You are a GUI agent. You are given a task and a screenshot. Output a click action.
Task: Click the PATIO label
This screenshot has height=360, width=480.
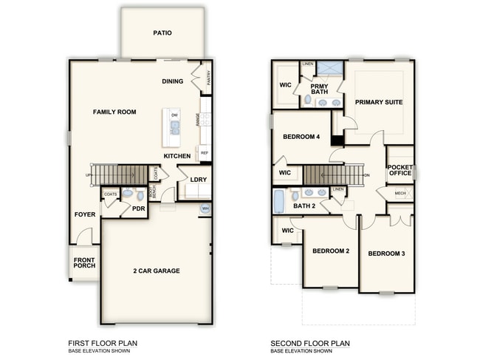click(162, 33)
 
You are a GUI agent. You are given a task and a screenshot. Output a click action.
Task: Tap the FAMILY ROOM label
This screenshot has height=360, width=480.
click(114, 112)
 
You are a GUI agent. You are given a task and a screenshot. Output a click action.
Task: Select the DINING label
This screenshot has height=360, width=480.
click(173, 81)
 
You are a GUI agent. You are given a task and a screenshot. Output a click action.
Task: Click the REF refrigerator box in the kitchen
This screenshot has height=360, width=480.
click(205, 153)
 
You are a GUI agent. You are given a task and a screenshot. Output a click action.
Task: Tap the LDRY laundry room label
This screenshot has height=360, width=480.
click(198, 179)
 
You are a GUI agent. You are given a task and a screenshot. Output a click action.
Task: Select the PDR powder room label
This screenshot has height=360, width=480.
click(137, 208)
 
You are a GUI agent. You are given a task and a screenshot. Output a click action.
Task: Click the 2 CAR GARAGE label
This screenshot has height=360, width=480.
click(156, 271)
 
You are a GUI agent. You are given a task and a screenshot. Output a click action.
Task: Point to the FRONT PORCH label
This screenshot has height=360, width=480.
click(84, 262)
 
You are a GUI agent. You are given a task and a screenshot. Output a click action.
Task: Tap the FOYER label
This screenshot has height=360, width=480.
click(84, 214)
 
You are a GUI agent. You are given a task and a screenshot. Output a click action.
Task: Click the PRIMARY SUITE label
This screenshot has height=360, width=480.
click(378, 102)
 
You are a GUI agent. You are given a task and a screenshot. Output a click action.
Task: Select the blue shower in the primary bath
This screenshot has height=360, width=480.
click(332, 69)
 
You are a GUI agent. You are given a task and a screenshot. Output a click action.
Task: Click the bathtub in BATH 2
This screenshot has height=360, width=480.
click(279, 201)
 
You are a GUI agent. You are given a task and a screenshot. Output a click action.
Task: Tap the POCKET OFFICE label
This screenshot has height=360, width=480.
click(400, 169)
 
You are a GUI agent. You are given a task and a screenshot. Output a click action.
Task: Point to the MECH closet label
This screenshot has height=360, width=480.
click(400, 193)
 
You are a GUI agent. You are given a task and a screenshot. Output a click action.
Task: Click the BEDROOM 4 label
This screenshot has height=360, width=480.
click(301, 137)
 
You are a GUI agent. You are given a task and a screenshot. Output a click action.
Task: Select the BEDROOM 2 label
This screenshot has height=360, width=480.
click(330, 251)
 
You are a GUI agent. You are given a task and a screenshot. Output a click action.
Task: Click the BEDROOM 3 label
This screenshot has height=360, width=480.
click(386, 254)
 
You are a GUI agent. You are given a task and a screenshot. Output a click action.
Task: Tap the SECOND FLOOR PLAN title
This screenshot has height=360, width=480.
click(310, 343)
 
